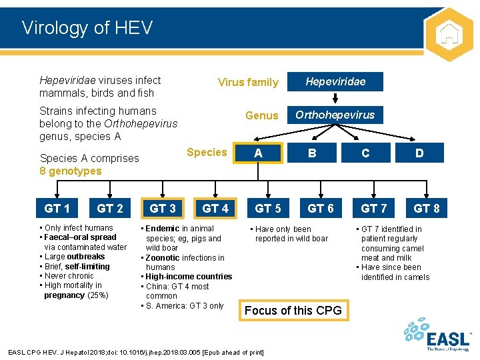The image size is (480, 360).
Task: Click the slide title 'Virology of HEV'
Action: (87, 28)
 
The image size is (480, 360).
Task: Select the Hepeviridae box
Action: (335, 81)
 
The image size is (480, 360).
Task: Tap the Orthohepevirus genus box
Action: (335, 115)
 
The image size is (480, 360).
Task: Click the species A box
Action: (258, 153)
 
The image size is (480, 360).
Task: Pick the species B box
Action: (312, 153)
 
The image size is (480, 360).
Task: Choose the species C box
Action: (365, 153)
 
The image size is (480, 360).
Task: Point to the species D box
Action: (419, 153)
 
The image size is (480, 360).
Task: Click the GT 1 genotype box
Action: (57, 209)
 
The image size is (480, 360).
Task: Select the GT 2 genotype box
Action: (110, 209)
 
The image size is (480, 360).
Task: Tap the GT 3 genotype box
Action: (163, 209)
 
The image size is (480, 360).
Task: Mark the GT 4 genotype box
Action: (215, 209)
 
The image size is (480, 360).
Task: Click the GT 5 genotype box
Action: (268, 209)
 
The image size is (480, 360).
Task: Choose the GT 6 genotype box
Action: (321, 209)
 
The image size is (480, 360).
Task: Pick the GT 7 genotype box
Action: (373, 209)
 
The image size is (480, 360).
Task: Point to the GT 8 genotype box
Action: (427, 209)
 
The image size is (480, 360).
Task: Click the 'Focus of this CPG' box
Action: (293, 310)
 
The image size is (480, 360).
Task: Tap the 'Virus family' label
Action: (248, 83)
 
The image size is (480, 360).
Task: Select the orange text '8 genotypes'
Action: (71, 171)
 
